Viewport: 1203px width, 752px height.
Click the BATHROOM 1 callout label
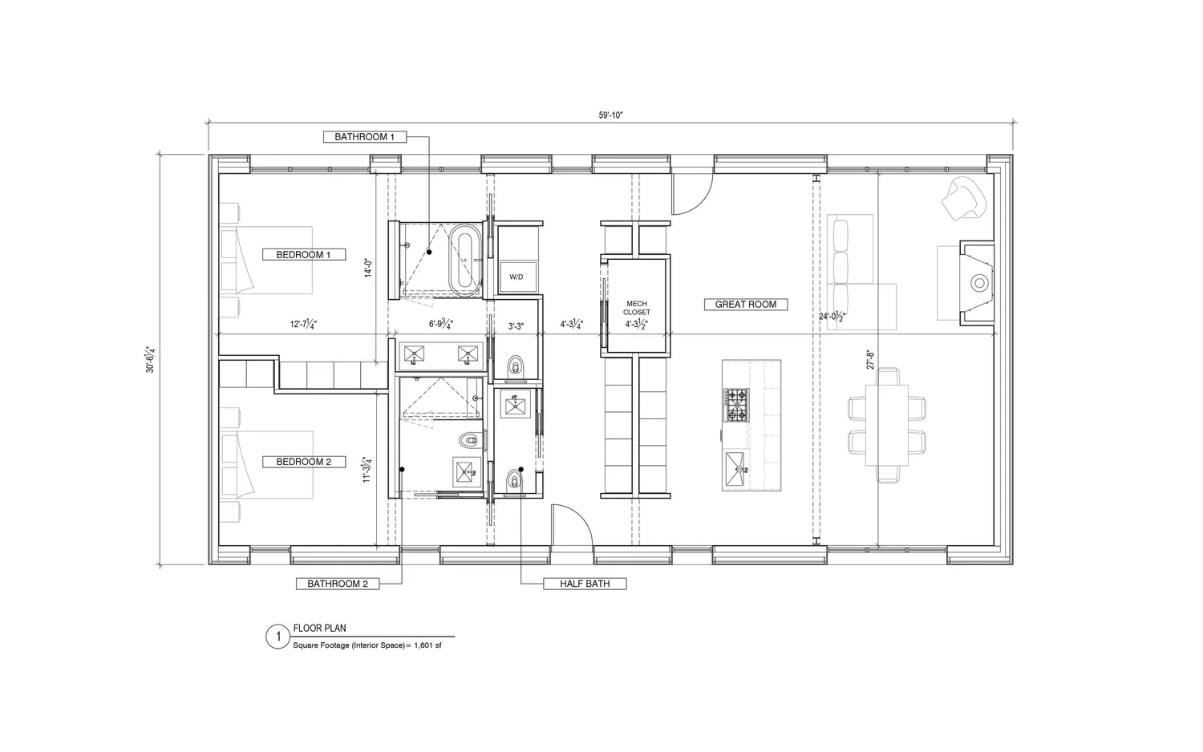click(365, 137)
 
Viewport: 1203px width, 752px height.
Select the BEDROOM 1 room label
click(304, 255)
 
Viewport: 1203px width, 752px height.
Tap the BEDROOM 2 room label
click(304, 462)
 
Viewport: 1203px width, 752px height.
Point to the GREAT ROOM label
click(745, 305)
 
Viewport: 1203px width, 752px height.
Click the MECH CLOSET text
click(637, 307)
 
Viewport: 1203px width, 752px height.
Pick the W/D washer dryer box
click(516, 277)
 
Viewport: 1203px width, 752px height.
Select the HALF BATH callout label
click(585, 584)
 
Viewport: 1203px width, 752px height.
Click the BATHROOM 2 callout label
click(337, 584)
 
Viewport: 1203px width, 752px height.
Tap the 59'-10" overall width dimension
click(610, 115)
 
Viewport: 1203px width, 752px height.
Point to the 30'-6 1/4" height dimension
click(149, 360)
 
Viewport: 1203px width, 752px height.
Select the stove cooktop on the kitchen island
click(735, 405)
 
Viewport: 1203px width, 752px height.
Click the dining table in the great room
click(887, 425)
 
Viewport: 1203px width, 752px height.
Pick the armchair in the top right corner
click(964, 198)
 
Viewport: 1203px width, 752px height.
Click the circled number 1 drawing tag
click(277, 637)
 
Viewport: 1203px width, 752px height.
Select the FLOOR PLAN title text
click(320, 629)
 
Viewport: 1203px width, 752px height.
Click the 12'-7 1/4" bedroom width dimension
click(303, 325)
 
